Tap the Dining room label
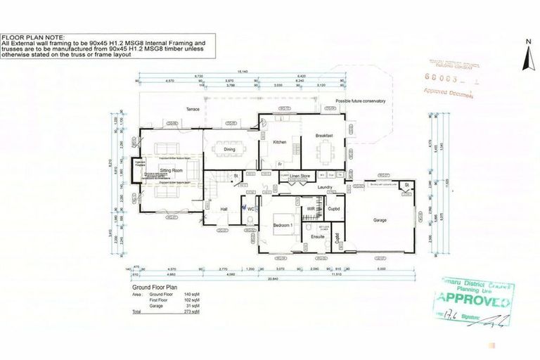229,149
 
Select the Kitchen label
280,142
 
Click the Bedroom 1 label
283,225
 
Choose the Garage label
379,220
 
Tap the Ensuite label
317,237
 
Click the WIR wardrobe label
311,209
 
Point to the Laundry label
324,186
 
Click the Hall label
224,209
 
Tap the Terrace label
193,110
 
